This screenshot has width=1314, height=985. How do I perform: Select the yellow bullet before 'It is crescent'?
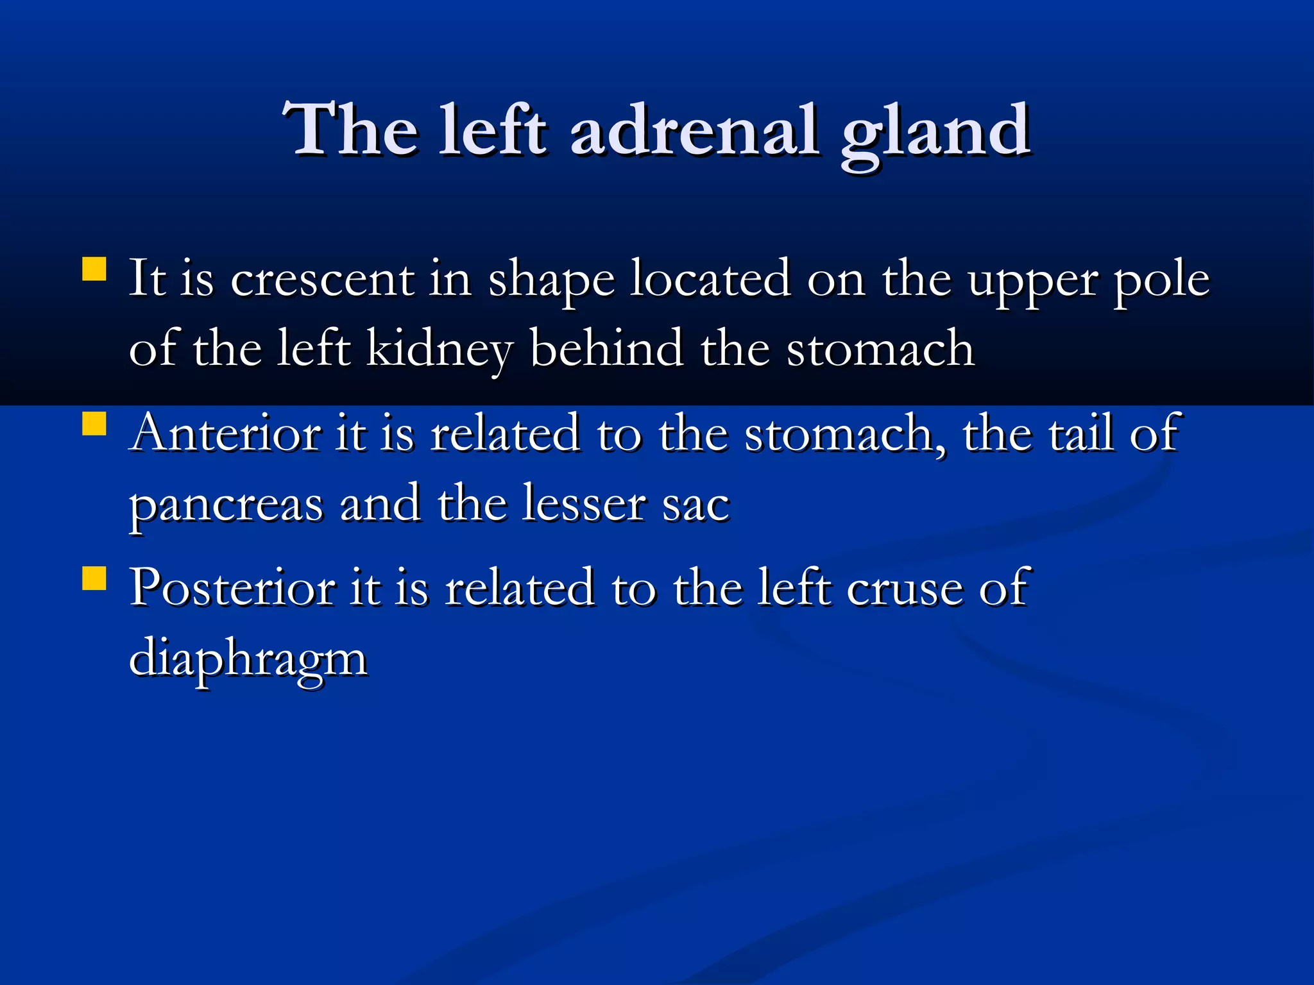coord(94,269)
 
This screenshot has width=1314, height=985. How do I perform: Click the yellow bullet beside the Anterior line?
coord(94,424)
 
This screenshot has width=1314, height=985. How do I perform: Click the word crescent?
coord(322,281)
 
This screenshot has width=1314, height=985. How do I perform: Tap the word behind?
coord(606,349)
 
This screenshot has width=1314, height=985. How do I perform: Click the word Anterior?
coord(225,434)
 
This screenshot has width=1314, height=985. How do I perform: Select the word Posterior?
coord(232,588)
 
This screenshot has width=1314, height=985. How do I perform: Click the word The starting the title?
coord(351,131)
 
